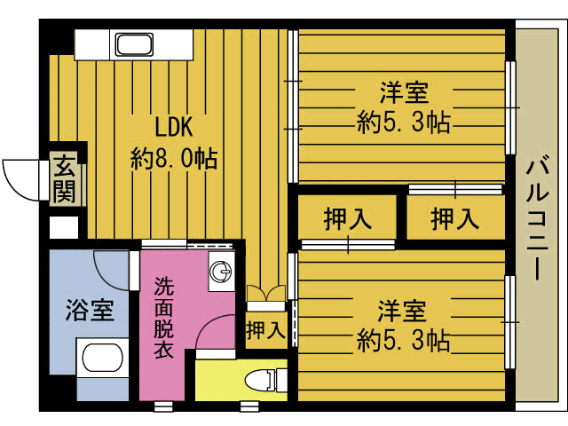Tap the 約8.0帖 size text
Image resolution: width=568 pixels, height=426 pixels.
coord(174,158)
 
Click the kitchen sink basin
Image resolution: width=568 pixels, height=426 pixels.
coord(134,44)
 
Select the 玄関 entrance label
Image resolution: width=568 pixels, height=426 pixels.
coord(64,179)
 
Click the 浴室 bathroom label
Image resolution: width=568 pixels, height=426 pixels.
coord(90,311)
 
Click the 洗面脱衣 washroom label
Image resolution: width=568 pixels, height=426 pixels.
coord(164,318)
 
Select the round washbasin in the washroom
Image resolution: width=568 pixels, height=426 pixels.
coord(221,272)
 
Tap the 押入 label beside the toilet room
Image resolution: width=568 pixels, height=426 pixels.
coord(265,330)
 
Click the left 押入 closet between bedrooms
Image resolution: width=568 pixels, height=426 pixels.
coord(347,219)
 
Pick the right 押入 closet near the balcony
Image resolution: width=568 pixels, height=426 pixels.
coord(455,219)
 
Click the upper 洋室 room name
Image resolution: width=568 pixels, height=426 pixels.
coord(404,92)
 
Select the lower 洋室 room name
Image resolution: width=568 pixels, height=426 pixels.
coord(402,311)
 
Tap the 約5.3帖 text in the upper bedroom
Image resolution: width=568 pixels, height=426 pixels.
coord(404,122)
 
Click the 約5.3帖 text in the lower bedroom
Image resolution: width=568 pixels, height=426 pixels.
coord(403,340)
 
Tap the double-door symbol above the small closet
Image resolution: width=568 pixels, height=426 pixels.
coord(266,294)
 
